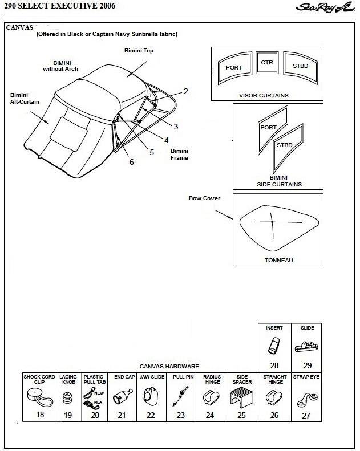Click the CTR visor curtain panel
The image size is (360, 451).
point(266,63)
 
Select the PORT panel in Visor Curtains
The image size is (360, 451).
point(234,68)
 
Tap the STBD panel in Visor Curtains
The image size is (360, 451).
point(300,67)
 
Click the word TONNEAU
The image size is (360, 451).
point(278,260)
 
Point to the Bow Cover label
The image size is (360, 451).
point(204,198)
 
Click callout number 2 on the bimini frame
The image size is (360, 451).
point(185,91)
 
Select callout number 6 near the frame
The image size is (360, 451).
point(132,162)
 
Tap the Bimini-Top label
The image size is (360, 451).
point(139,51)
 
